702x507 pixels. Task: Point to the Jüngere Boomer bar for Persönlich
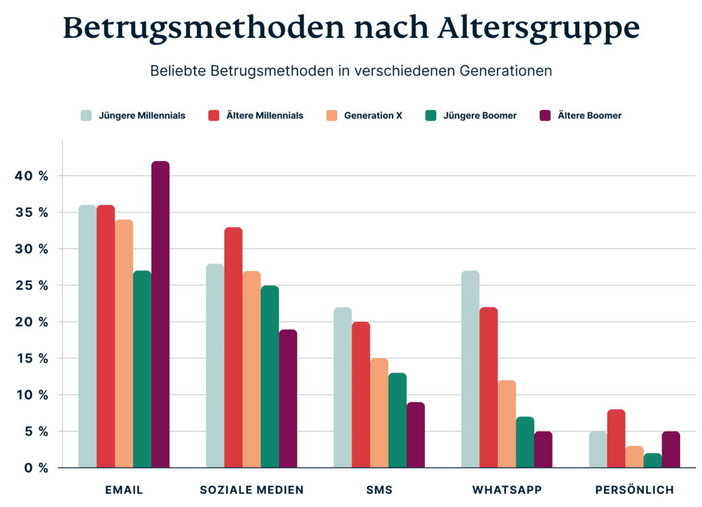click(x=652, y=460)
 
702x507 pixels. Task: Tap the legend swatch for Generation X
click(x=332, y=115)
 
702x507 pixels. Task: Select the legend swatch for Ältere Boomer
click(x=546, y=115)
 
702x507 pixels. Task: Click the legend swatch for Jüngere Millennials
click(x=86, y=115)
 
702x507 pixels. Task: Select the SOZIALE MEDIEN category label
click(x=252, y=490)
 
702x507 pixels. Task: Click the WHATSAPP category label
click(x=507, y=490)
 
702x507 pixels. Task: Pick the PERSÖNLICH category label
click(x=634, y=490)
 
